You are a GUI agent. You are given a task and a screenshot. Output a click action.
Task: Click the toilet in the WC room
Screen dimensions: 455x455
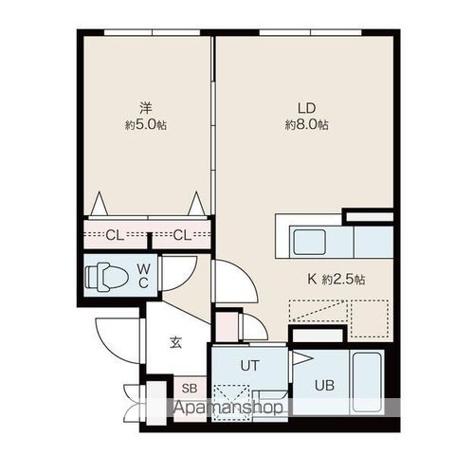point(107,277)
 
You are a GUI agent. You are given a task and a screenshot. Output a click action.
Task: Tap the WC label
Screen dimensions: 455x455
point(144,276)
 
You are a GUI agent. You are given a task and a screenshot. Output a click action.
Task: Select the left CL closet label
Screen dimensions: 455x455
point(115,235)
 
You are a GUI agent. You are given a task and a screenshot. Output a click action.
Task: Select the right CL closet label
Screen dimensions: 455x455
point(182,235)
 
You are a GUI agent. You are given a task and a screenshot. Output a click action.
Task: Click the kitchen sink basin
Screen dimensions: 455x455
point(309,242)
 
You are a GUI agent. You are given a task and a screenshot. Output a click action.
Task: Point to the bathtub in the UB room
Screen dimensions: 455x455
point(367,382)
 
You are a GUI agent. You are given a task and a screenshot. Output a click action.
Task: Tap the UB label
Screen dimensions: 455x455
point(324,386)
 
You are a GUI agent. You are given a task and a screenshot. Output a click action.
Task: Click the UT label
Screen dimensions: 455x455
point(249,365)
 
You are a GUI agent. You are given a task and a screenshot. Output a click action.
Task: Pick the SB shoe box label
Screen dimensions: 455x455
point(190,388)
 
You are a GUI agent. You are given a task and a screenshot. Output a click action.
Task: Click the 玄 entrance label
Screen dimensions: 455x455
point(175,342)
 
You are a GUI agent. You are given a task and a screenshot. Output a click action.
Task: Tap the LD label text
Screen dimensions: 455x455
point(307,108)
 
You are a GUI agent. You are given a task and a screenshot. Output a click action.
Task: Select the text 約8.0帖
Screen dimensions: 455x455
point(307,125)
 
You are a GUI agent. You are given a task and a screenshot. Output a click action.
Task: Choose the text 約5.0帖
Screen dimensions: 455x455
point(146,125)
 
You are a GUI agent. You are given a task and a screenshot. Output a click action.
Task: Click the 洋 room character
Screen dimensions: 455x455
point(146,108)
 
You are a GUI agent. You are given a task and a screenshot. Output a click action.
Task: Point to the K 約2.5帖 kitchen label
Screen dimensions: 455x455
point(337,280)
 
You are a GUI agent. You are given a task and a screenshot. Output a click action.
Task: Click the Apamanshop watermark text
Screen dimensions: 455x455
point(228,408)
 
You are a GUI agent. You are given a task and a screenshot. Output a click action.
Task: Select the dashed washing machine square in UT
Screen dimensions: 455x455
point(231,403)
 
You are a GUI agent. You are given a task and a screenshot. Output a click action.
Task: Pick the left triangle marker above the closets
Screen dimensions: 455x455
point(100,204)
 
